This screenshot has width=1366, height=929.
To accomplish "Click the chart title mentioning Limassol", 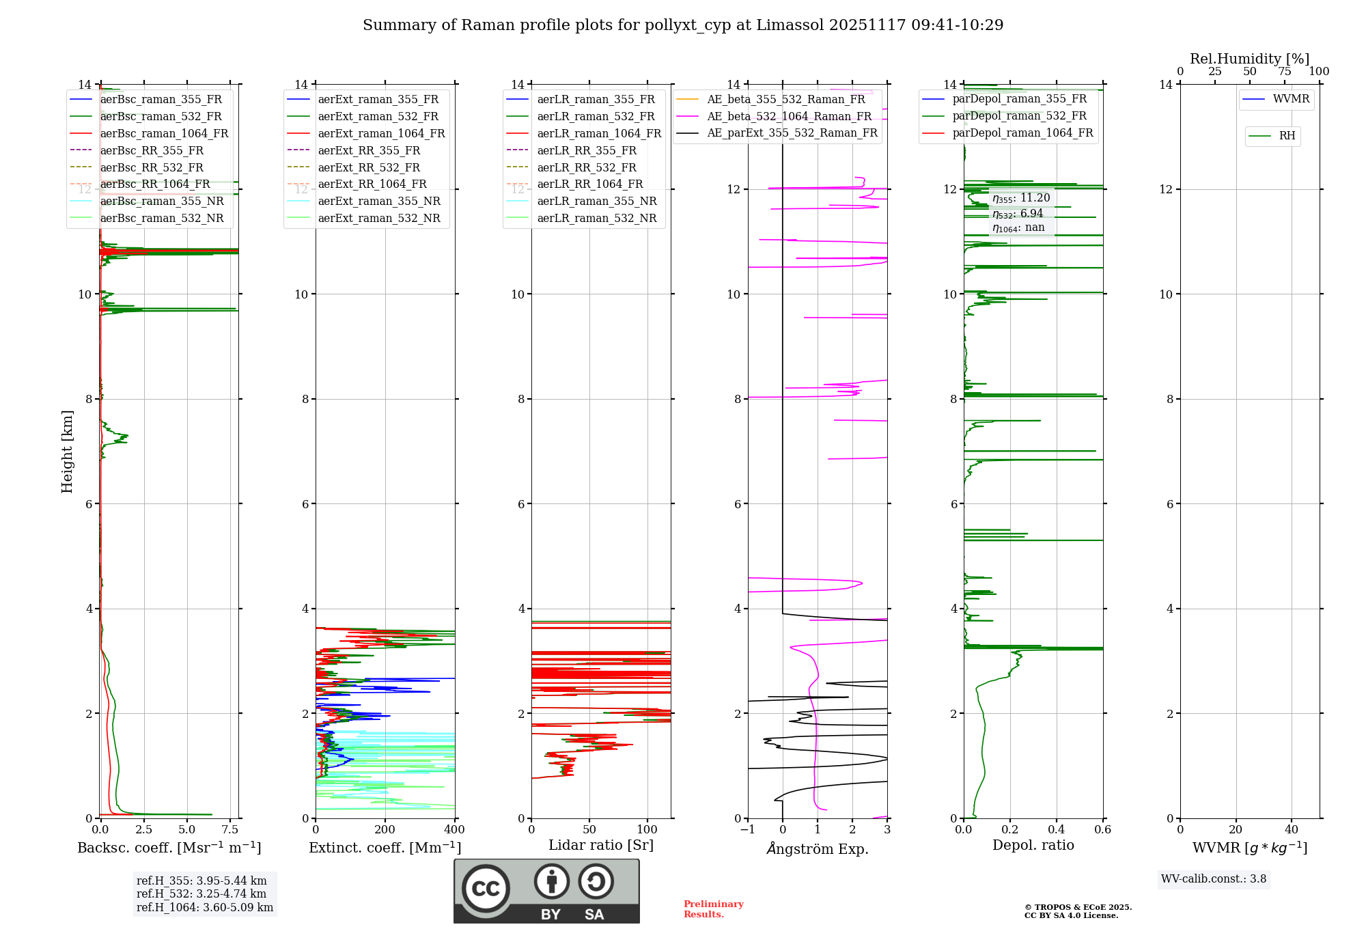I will (x=683, y=25).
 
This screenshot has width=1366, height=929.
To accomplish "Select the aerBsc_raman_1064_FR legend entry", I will (x=164, y=133).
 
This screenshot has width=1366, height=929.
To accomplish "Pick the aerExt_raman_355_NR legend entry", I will (x=379, y=201).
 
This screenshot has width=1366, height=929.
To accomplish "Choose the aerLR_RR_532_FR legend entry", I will (x=586, y=167).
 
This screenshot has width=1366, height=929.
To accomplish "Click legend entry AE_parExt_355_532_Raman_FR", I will (x=792, y=133).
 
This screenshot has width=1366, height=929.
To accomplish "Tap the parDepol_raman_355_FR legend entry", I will (x=1019, y=99).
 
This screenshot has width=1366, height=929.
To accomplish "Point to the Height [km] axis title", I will (x=67, y=451).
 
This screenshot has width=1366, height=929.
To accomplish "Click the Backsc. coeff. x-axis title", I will (x=169, y=848).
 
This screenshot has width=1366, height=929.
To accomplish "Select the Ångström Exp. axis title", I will (x=818, y=848).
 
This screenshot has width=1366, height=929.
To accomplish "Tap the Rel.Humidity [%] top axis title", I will (x=1249, y=59).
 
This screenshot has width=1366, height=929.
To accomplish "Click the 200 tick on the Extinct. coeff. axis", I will (x=385, y=830).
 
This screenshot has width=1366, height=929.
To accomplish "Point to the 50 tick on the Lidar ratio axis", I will (x=590, y=830).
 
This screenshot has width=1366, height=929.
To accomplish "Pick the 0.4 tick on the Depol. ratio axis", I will (x=1057, y=830).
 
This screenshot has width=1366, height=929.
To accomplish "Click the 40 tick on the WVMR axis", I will (x=1292, y=830).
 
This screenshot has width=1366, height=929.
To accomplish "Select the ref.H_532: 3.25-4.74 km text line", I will (x=201, y=893).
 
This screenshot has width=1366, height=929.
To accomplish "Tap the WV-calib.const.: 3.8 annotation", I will (x=1214, y=879).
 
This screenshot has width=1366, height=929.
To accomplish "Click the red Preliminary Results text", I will (x=713, y=909).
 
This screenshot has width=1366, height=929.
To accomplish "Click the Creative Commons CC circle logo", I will (x=486, y=888).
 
